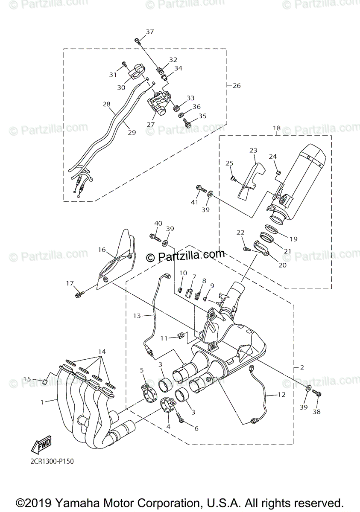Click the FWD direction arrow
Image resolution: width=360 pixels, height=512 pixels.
41,446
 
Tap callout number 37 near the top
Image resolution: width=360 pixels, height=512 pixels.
149,32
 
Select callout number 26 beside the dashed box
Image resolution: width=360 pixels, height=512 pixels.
237,86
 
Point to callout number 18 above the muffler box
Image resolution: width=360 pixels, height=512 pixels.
277,128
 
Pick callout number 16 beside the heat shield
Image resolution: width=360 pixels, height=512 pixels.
102,250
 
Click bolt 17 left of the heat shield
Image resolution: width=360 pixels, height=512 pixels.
79,294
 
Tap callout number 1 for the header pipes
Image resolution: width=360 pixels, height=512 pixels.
42,401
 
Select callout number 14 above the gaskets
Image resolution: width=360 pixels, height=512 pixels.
101,352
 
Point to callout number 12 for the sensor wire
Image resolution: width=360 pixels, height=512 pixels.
281,395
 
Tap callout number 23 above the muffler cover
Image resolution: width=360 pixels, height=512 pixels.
253,150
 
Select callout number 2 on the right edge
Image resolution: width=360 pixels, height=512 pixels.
301,367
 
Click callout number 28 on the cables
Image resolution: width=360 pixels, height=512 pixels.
106,104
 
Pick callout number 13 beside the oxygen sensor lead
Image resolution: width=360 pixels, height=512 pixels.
137,316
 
